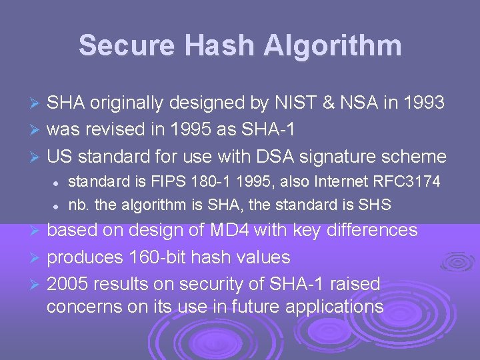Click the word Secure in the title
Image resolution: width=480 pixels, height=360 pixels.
pyautogui.click(x=126, y=45)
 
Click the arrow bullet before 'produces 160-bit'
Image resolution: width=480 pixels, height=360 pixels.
pyautogui.click(x=38, y=257)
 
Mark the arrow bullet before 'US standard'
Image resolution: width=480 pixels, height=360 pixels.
pyautogui.click(x=38, y=157)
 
